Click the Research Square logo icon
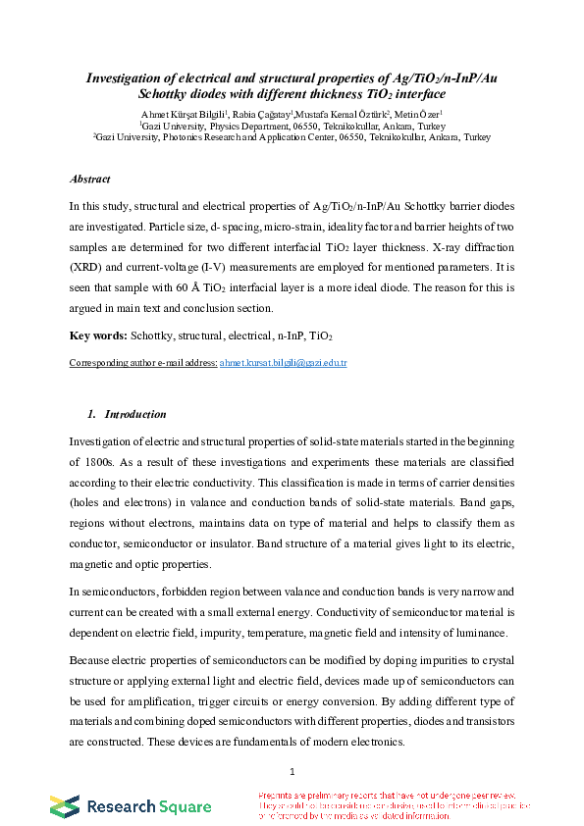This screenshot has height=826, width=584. click(x=65, y=806)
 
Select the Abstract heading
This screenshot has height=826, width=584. click(x=90, y=180)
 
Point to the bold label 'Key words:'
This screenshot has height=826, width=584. click(x=97, y=336)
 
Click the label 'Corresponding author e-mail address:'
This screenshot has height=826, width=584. click(x=142, y=363)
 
